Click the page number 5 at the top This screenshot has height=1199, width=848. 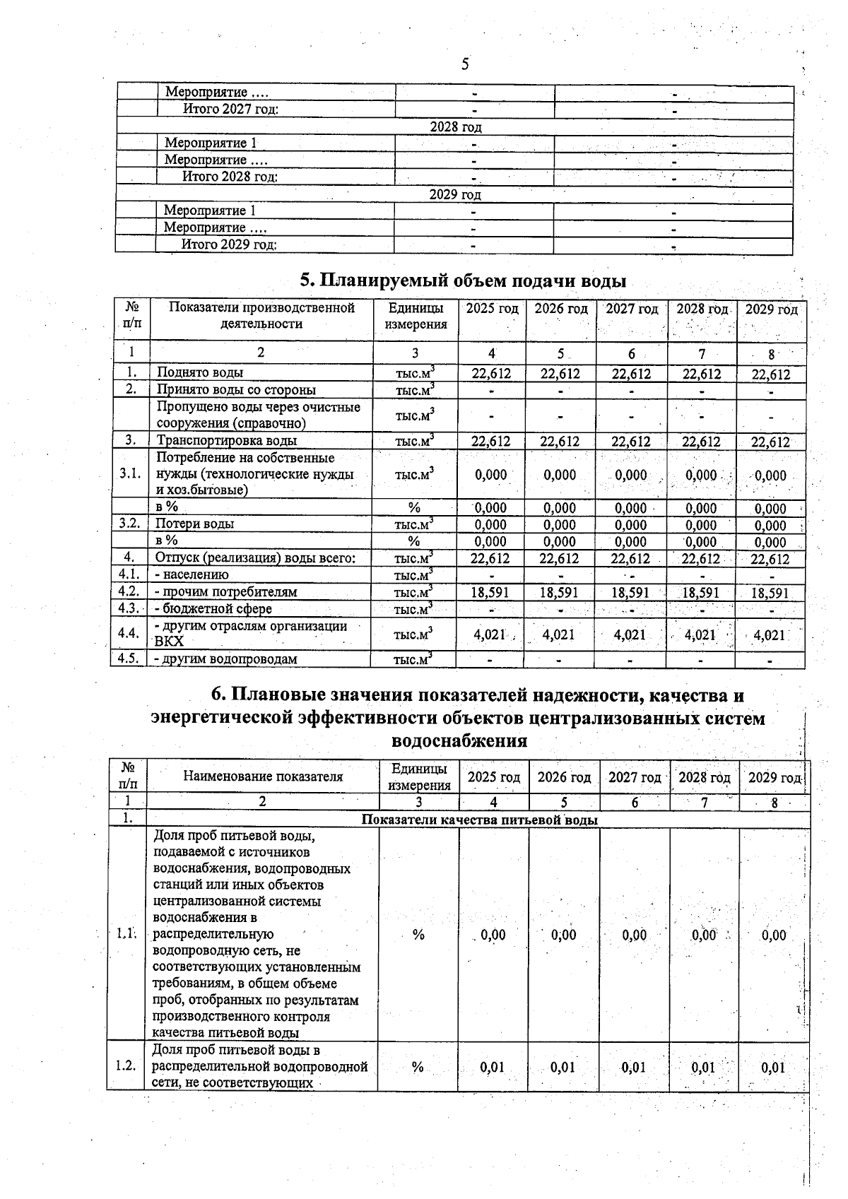click(x=464, y=64)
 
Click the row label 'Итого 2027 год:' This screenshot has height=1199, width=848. click(x=230, y=109)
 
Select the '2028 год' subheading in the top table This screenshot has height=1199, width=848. click(x=455, y=127)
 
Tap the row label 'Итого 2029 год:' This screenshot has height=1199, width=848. click(x=229, y=244)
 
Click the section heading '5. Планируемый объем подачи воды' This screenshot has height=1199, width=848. click(x=464, y=280)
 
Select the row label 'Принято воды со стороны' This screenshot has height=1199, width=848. click(x=236, y=390)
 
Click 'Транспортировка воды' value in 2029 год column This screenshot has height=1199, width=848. click(x=770, y=442)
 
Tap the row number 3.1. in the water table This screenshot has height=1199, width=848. click(x=131, y=473)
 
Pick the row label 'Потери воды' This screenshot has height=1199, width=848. click(x=195, y=524)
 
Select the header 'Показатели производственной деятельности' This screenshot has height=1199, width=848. click(x=261, y=316)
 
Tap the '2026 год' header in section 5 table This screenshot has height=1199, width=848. click(x=560, y=309)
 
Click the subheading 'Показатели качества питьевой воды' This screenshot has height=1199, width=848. click(x=479, y=820)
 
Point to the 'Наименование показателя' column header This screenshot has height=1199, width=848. click(x=263, y=776)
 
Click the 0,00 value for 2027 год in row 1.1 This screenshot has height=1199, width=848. click(x=635, y=935)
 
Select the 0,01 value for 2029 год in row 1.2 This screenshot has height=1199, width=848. click(x=773, y=1067)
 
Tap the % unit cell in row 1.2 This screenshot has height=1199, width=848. click(x=418, y=1067)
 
